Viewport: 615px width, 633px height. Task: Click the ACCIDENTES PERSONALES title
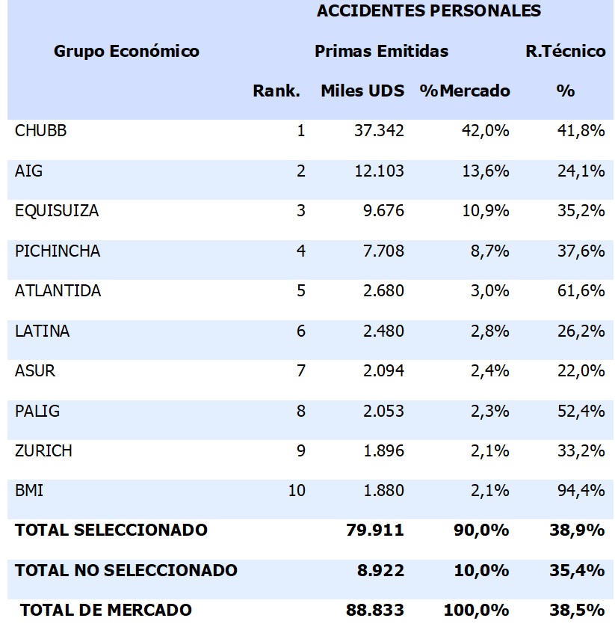[x=429, y=11]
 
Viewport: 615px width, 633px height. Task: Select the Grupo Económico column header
[x=126, y=52]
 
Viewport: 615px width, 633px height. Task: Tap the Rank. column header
[x=276, y=91]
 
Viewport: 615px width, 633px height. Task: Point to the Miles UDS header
[x=362, y=91]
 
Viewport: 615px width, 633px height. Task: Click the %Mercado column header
[x=465, y=91]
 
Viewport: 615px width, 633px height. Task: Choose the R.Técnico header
[x=565, y=52]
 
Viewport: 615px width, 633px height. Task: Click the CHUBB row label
[x=40, y=131]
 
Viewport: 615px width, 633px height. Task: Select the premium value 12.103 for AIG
[x=379, y=171]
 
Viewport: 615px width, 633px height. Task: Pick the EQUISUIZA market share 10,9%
[x=486, y=211]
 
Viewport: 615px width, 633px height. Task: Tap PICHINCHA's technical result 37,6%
[x=581, y=251]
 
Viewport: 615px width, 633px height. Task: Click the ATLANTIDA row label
[x=58, y=291]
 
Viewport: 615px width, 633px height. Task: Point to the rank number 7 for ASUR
[x=300, y=371]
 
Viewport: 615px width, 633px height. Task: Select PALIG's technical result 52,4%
[x=581, y=411]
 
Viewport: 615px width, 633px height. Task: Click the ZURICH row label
[x=43, y=451]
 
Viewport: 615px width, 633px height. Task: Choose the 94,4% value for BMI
[x=581, y=491]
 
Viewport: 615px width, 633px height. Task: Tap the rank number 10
[x=297, y=491]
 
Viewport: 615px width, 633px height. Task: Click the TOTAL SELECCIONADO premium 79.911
[x=375, y=530]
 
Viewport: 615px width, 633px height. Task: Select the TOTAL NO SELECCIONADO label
[x=126, y=571]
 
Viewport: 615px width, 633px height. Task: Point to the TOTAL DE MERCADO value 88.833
[x=375, y=611]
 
